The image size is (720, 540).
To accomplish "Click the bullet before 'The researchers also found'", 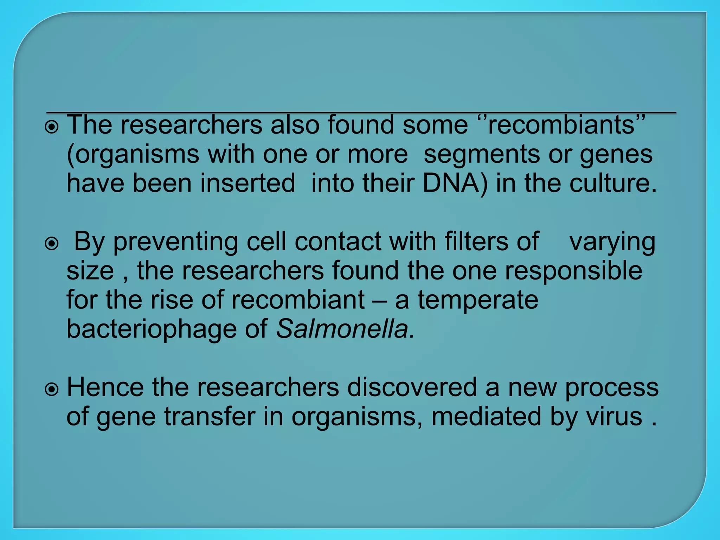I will pyautogui.click(x=52, y=127).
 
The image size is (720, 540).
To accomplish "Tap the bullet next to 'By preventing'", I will pyautogui.click(x=52, y=243).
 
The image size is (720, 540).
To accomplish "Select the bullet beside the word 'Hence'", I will pyautogui.click(x=52, y=390).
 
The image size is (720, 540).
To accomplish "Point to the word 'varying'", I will pyautogui.click(x=612, y=243).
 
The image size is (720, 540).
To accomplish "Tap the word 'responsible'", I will pyautogui.click(x=573, y=271).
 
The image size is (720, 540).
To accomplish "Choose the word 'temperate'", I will pyautogui.click(x=478, y=301).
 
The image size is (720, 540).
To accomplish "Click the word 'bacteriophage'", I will pyautogui.click(x=152, y=330).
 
